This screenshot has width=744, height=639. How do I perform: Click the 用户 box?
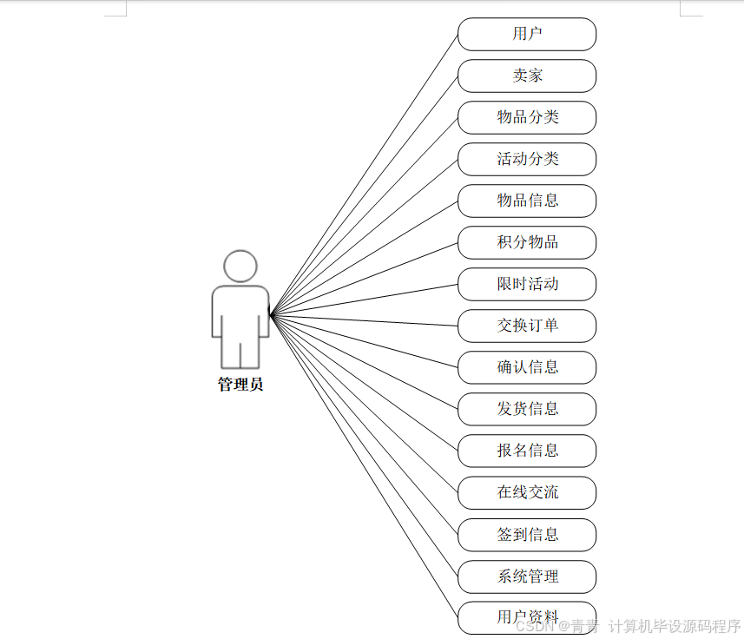[x=527, y=34]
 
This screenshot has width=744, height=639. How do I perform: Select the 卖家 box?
[x=527, y=76]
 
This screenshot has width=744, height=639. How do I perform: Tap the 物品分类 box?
[x=527, y=117]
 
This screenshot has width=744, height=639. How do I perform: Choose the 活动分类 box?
[x=527, y=159]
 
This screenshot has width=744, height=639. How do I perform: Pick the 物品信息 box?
[x=527, y=201]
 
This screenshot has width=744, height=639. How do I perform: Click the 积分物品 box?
[x=527, y=242]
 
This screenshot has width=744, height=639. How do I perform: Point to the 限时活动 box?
[x=527, y=284]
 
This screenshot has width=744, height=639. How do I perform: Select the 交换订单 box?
[x=527, y=326]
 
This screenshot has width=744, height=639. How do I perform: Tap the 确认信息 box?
[x=527, y=367]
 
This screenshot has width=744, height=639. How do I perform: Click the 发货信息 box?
[x=527, y=409]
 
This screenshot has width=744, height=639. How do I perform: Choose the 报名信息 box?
[x=527, y=451]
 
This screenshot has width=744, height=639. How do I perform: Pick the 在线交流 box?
[x=527, y=492]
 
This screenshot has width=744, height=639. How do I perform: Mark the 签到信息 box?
[x=527, y=535]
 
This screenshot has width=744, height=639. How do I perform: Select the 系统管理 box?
[x=527, y=576]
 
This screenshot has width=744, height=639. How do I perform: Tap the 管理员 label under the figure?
[x=240, y=385]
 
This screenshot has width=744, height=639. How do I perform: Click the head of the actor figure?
[x=240, y=266]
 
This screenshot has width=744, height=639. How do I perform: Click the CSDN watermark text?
[x=534, y=626]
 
